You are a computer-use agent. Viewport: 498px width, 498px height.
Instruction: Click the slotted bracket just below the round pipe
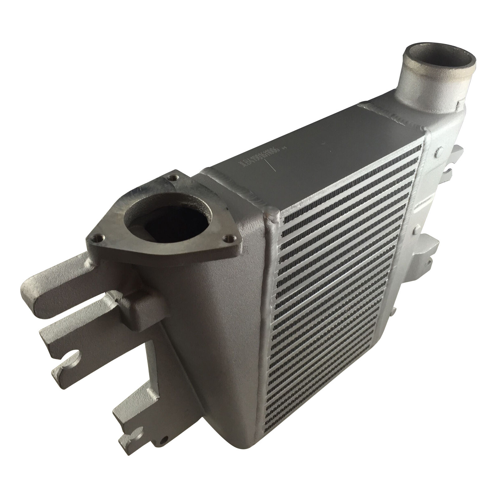[x=453, y=162]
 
